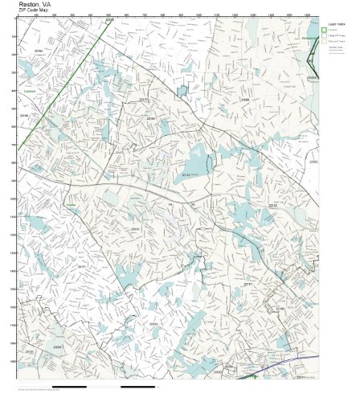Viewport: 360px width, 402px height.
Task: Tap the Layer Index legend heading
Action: click(337, 24)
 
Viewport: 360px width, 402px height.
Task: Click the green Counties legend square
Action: click(325, 31)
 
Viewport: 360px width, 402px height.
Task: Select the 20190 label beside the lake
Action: click(190, 173)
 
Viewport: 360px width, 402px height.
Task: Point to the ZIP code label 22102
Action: click(313, 162)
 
